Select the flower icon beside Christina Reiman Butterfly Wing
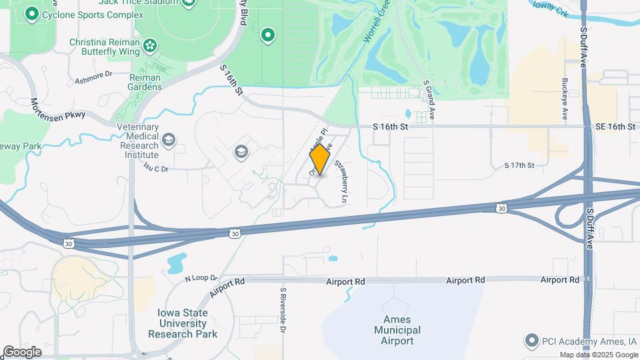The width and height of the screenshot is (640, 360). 151,46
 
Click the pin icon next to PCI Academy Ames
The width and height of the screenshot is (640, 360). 531,341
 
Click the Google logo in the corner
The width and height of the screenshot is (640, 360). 22,351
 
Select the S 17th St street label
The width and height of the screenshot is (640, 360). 519,165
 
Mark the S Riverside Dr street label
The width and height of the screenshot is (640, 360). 283,310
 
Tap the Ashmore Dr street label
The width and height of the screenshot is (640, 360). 90,76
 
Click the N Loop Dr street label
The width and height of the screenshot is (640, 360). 201,277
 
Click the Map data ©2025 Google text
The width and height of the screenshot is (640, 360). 598,355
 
